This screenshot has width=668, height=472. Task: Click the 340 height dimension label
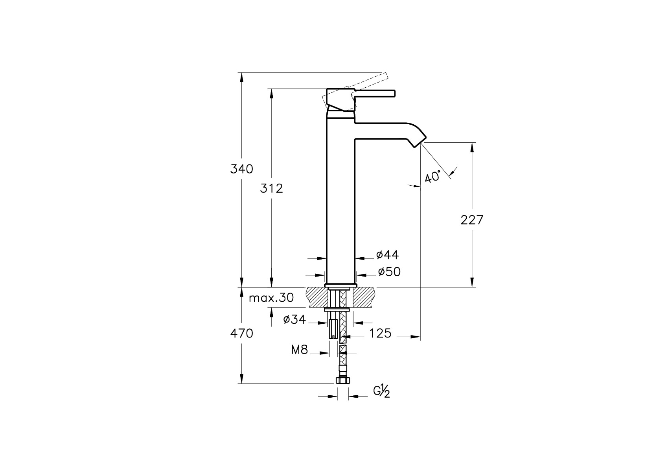(241, 169)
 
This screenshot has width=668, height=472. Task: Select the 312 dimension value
(271, 188)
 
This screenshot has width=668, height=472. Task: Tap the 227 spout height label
(472, 220)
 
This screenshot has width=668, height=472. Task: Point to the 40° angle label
(432, 177)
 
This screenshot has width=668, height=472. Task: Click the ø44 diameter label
(387, 255)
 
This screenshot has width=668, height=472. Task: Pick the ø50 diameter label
(389, 272)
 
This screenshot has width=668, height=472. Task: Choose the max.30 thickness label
(271, 298)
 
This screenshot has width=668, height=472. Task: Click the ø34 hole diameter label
(294, 319)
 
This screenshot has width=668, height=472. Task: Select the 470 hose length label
(241, 333)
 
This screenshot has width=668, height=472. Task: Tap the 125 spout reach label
(380, 333)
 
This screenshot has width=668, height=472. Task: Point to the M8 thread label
(300, 350)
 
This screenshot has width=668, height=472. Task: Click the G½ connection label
(382, 391)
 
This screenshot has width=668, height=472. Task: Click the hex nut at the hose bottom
(343, 380)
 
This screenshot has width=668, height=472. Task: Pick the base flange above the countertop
(340, 285)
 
